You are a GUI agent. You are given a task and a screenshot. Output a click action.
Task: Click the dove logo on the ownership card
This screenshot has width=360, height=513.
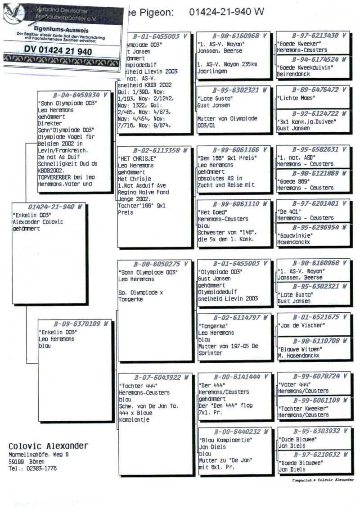click(x=13, y=12)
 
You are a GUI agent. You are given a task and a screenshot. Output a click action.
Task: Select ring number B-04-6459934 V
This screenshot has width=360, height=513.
click(x=75, y=95)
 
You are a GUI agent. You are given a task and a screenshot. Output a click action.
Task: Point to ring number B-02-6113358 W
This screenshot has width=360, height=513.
click(x=155, y=151)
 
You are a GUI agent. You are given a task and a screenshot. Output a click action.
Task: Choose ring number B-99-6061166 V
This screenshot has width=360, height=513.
click(x=235, y=149)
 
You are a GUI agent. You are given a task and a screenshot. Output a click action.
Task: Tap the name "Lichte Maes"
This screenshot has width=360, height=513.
click(x=295, y=98)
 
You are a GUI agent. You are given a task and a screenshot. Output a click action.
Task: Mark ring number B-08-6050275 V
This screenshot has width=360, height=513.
click(x=156, y=264)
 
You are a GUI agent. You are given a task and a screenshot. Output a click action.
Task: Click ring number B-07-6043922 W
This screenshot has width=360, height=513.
click(x=156, y=378)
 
